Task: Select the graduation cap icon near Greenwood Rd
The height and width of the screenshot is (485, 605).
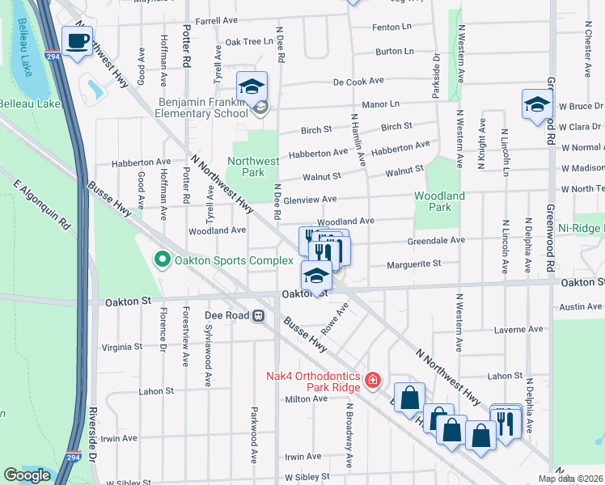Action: [x=536, y=104]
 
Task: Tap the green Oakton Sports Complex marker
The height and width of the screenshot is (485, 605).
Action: [x=162, y=259]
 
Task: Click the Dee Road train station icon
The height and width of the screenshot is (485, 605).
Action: [x=259, y=316]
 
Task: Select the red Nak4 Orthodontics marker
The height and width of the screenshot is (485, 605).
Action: [x=372, y=379]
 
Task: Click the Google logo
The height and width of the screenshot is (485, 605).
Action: [x=27, y=475]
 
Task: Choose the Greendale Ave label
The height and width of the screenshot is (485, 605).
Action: [x=437, y=240]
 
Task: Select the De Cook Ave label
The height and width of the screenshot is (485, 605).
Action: [x=358, y=82]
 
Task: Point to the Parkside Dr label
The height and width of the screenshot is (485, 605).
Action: [x=435, y=76]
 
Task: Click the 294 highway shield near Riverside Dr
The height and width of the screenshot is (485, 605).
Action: [x=74, y=458]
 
